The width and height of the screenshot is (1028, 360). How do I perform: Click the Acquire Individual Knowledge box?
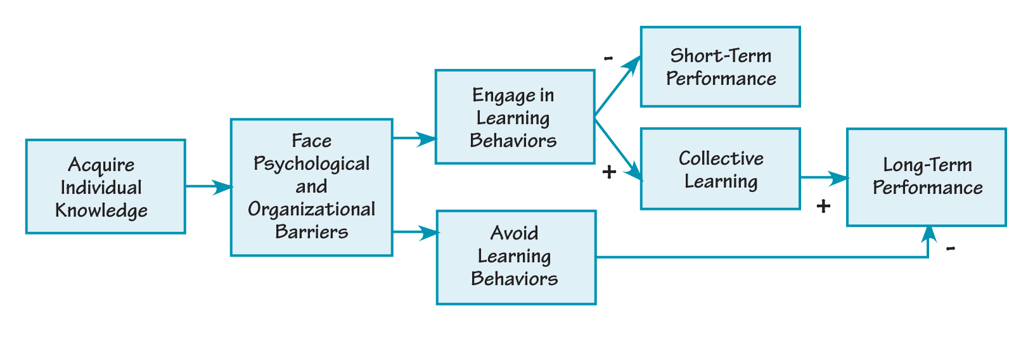point(105,186)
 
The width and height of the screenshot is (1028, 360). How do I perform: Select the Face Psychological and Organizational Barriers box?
point(311,187)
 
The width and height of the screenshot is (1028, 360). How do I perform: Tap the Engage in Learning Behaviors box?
point(514,117)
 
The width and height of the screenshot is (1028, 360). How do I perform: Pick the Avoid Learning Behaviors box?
point(516,257)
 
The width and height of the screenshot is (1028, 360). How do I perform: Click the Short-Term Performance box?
point(720,67)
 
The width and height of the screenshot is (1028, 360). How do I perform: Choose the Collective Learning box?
point(720,169)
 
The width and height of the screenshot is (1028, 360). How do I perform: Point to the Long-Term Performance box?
point(926,177)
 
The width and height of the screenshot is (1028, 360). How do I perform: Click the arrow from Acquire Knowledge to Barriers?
point(209,186)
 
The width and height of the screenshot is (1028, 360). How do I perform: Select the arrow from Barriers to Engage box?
point(414,138)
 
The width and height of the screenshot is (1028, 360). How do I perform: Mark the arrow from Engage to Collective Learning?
point(618,147)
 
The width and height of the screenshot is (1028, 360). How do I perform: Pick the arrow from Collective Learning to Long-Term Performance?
point(823,178)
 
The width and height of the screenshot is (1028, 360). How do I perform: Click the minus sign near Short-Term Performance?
point(608,58)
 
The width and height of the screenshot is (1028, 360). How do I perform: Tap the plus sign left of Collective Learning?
point(609,172)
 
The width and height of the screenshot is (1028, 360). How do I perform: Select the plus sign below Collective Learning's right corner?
point(823,206)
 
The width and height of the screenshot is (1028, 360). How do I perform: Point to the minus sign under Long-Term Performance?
point(951,248)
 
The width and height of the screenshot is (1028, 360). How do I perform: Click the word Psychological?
point(311,164)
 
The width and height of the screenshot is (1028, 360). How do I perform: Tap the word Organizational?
point(311,209)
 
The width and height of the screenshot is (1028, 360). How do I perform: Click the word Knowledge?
point(101,210)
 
